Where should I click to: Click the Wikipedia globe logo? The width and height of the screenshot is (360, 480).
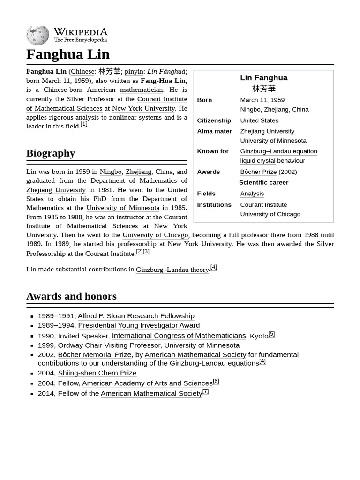pos(37,36)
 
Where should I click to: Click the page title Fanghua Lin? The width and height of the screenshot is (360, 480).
pos(67,54)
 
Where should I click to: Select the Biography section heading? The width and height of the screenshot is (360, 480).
pos(51,153)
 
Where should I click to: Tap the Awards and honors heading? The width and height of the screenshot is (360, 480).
pos(71,296)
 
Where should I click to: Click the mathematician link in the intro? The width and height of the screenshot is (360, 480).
pos(141,90)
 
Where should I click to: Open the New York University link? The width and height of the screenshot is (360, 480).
pos(143,108)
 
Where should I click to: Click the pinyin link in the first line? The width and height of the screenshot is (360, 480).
pos(134,71)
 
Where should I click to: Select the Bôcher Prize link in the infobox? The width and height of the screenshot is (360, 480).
pos(258,172)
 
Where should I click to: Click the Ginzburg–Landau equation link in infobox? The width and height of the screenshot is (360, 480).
pos(278,151)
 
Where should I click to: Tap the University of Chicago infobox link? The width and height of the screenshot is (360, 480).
pos(270,214)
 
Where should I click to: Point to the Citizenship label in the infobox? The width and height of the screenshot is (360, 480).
pos(214,120)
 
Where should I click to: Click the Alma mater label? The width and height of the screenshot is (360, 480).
pos(214,131)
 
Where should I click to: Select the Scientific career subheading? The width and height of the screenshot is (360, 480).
pos(263,182)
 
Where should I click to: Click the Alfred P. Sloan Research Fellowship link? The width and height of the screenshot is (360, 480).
pos(136,316)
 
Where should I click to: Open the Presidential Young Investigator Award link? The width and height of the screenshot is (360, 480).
pos(139,325)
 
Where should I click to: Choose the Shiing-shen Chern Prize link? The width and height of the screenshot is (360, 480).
pos(97,373)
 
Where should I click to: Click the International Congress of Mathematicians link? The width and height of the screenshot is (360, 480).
pos(179,336)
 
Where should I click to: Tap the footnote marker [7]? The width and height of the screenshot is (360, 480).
pos(205,391)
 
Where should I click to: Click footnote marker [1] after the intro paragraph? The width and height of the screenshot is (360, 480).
pos(84,124)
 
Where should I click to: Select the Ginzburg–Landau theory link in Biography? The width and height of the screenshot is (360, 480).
pos(172,270)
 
